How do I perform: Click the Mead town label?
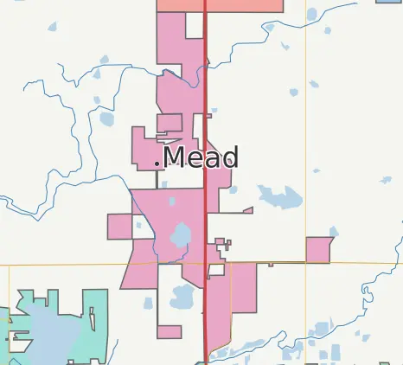point(200,157)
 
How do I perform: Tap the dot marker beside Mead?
point(157,163)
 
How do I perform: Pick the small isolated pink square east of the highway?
point(318,249)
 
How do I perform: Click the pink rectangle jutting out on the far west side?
point(118,227)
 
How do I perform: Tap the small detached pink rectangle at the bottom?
point(170,332)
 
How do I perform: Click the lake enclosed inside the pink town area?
point(181,235)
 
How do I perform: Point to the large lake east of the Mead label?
point(279,198)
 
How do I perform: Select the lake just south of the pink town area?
point(183,298)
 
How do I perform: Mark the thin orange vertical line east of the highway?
point(306,130)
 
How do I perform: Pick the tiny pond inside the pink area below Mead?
point(171,202)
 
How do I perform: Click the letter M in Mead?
point(175,157)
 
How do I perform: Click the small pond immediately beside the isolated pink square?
point(333,232)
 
